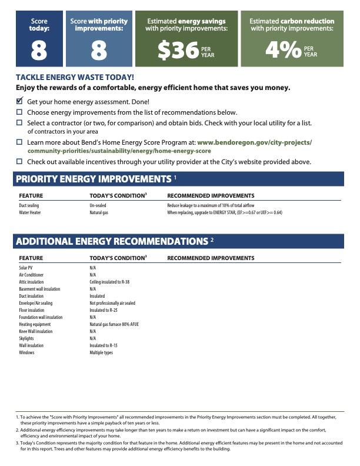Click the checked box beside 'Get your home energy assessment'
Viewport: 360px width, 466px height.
[x=19, y=101]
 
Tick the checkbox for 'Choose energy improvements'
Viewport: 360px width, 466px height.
[x=19, y=112]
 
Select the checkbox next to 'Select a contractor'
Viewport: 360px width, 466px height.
[x=19, y=123]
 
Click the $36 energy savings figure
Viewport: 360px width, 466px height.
[x=178, y=51]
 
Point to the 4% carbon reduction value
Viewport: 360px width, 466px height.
[x=283, y=51]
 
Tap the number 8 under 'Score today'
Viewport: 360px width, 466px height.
[x=39, y=51]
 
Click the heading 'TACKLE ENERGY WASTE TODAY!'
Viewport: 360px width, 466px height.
[x=75, y=77]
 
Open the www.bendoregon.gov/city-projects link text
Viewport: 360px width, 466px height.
[x=254, y=142]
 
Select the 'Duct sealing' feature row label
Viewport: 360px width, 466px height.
[x=29, y=205]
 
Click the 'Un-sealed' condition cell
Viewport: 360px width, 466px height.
[x=98, y=205]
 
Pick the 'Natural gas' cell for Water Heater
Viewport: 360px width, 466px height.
[x=99, y=212]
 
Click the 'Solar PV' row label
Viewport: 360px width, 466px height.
[x=26, y=268]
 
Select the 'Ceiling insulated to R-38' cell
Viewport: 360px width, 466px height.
[x=109, y=282]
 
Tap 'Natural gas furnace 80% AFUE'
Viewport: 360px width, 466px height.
[x=114, y=324]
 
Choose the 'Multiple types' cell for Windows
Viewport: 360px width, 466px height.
[x=101, y=352]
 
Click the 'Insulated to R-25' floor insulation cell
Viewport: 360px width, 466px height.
[x=104, y=310]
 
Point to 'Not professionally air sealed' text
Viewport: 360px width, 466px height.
[x=112, y=303]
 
